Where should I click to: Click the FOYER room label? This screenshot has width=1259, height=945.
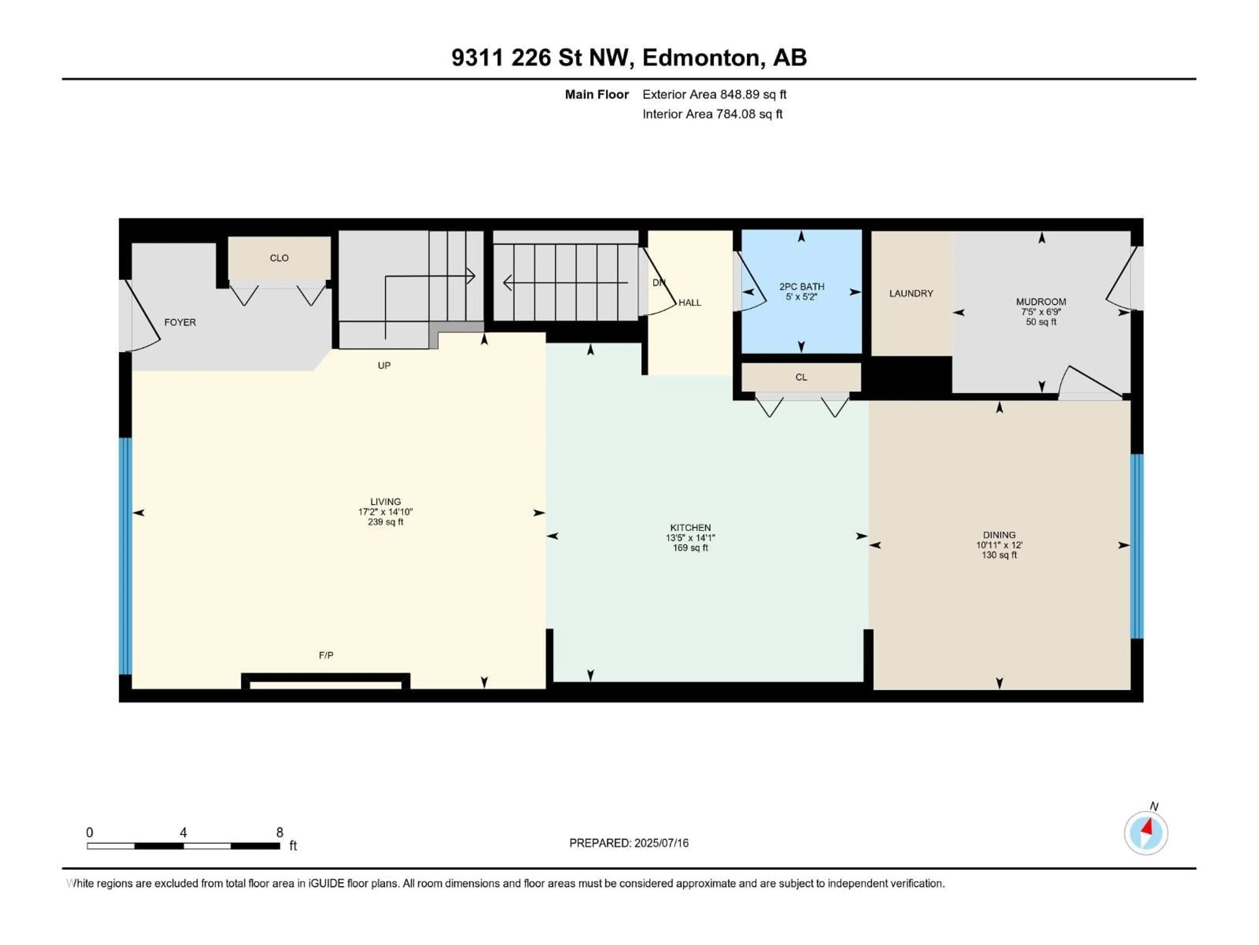[x=180, y=323]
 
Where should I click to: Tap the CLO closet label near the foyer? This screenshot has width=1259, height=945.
[x=279, y=258]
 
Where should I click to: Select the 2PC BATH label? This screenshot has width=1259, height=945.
[x=801, y=286]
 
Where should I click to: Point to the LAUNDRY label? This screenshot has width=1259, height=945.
[x=911, y=293]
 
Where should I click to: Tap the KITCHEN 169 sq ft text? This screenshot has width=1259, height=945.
[x=690, y=548]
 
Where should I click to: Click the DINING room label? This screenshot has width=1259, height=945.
[x=999, y=535]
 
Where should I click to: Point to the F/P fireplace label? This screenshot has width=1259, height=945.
[x=326, y=656]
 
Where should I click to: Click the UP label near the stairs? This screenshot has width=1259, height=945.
[x=384, y=366]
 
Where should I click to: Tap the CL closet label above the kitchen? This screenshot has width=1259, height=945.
[x=801, y=377]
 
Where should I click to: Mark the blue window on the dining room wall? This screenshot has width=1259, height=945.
[x=1136, y=546]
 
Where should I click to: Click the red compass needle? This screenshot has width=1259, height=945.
[x=1148, y=826]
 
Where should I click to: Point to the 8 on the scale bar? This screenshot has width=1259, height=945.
[x=279, y=833]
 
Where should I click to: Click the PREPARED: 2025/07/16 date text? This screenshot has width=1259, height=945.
[x=629, y=843]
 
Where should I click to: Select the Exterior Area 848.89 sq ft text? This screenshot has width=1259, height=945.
[x=714, y=94]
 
